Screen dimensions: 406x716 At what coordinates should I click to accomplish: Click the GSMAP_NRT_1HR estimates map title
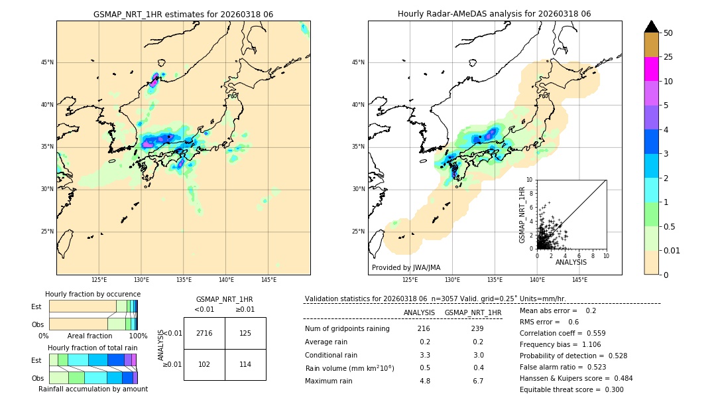(x=183, y=14)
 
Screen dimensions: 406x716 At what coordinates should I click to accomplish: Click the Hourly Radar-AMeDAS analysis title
(x=494, y=14)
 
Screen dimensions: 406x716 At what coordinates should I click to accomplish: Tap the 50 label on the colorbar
(x=668, y=33)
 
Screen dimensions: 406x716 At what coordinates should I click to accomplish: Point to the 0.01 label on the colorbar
(x=672, y=250)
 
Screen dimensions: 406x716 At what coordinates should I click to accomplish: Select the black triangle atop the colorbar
(x=652, y=27)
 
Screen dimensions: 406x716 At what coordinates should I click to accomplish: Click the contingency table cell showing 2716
(x=204, y=333)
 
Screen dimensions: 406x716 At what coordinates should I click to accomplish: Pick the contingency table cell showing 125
(x=245, y=333)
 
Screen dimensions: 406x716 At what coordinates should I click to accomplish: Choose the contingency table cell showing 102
(x=204, y=364)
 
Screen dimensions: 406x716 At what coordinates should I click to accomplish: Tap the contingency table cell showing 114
(x=245, y=364)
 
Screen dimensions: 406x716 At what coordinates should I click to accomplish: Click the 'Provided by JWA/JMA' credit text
(x=406, y=268)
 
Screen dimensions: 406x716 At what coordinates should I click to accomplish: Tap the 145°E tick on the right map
(x=579, y=280)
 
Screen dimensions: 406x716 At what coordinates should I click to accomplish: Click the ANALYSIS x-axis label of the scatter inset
(x=571, y=262)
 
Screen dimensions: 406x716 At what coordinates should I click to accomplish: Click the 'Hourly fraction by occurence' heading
(x=93, y=294)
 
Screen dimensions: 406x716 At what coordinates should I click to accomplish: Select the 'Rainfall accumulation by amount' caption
(x=93, y=389)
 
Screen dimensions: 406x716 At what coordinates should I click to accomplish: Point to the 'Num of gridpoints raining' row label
(x=347, y=329)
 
